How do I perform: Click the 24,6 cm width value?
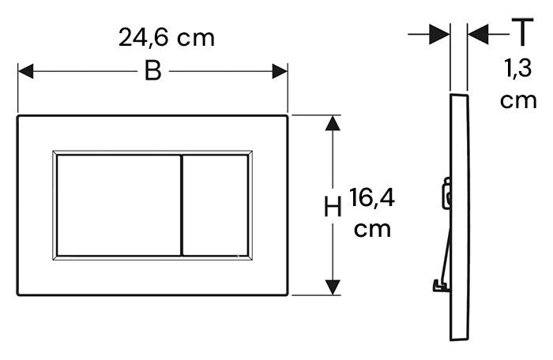(x=166, y=37)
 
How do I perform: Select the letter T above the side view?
(x=523, y=34)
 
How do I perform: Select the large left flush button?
(x=118, y=204)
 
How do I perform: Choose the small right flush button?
(x=215, y=204)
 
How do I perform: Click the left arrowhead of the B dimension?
(x=25, y=72)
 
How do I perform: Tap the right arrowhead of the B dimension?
(x=280, y=72)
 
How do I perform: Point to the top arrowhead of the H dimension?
(x=333, y=123)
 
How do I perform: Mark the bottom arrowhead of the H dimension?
(x=333, y=287)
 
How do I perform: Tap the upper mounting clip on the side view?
(x=447, y=193)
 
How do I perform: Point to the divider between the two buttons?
(x=182, y=204)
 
